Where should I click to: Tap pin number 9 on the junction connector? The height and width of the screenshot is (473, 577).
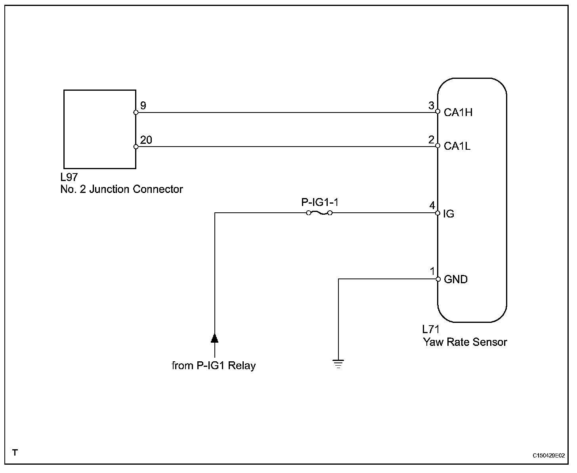pyautogui.click(x=143, y=105)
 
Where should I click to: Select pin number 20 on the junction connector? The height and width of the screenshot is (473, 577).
pyautogui.click(x=146, y=140)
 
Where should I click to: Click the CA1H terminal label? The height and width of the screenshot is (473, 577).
pyautogui.click(x=458, y=112)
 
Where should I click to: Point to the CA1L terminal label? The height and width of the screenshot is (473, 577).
pyautogui.click(x=457, y=146)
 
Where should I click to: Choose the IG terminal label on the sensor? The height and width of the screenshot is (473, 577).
pyautogui.click(x=449, y=214)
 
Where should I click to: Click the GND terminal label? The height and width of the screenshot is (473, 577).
pyautogui.click(x=455, y=279)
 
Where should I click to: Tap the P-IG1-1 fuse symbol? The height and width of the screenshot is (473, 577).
pyautogui.click(x=319, y=213)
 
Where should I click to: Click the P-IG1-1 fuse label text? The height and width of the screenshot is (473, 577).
pyautogui.click(x=320, y=202)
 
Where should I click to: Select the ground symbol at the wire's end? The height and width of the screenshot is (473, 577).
pyautogui.click(x=338, y=364)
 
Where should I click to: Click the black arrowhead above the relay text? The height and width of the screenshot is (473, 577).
pyautogui.click(x=215, y=338)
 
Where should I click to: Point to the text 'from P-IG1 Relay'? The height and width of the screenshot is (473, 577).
pyautogui.click(x=214, y=366)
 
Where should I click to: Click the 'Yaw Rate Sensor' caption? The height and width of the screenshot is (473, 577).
pyautogui.click(x=465, y=342)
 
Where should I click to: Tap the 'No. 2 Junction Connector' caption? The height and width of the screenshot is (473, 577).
pyautogui.click(x=122, y=189)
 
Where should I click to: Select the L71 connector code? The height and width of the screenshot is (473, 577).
pyautogui.click(x=431, y=329)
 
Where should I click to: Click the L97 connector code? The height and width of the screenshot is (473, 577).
pyautogui.click(x=69, y=177)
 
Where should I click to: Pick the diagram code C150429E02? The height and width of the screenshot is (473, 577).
pyautogui.click(x=548, y=456)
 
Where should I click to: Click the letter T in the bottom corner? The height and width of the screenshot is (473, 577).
pyautogui.click(x=15, y=452)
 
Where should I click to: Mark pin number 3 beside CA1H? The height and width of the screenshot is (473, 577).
pyautogui.click(x=431, y=105)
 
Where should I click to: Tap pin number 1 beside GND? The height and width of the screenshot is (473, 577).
pyautogui.click(x=432, y=271)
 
